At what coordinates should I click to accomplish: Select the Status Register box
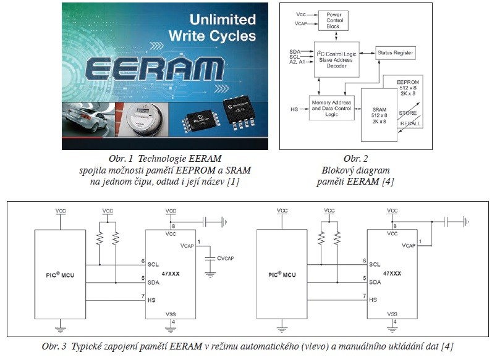click(396, 54)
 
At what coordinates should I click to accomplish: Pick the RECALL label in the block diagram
click(410, 123)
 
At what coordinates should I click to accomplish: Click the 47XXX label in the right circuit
click(392, 272)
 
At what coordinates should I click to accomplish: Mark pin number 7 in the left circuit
click(142, 295)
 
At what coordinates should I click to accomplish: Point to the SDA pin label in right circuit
click(374, 282)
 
